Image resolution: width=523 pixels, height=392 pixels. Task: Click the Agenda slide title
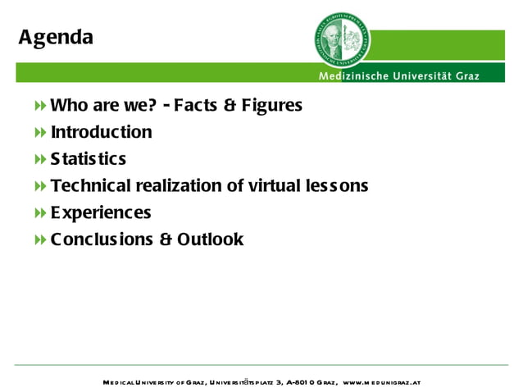click(x=56, y=38)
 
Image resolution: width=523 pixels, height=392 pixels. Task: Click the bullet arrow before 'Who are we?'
click(x=40, y=106)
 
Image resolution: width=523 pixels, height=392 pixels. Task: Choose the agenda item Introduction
click(x=101, y=132)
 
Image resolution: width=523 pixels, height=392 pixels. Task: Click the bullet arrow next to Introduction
click(x=40, y=133)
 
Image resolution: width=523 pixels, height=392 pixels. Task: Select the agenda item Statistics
click(x=89, y=159)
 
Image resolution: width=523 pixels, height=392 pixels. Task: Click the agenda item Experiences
click(x=101, y=213)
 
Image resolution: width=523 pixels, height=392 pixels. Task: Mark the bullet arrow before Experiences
click(x=40, y=213)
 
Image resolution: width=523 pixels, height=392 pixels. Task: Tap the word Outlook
click(x=210, y=239)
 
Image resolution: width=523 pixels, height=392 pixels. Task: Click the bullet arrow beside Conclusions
click(x=40, y=240)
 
